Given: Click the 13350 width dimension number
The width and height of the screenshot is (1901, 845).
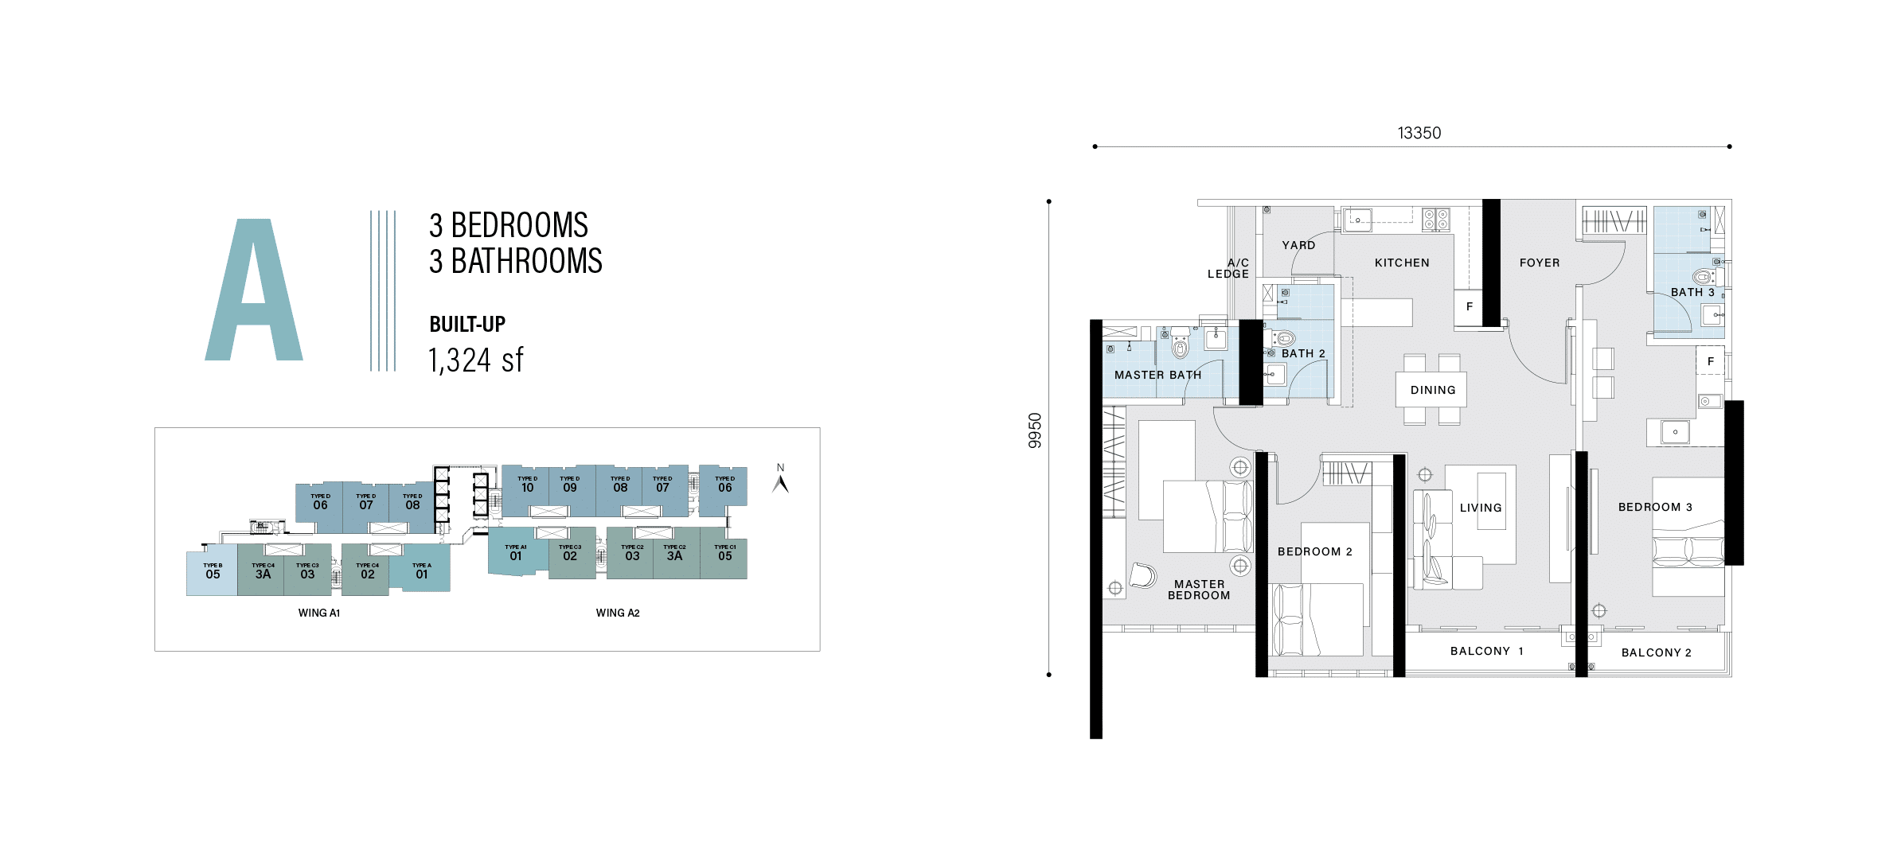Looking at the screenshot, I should tap(1419, 133).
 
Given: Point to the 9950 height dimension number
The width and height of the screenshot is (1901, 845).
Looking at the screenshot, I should tap(1035, 430).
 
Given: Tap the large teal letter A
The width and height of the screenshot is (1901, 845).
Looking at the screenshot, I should tap(254, 290).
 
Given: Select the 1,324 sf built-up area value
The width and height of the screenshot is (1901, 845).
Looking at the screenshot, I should tap(475, 360).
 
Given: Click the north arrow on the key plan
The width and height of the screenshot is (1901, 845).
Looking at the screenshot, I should tap(781, 483).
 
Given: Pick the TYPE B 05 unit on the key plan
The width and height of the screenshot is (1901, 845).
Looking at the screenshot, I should tap(213, 571).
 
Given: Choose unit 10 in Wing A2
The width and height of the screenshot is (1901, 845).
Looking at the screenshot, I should tap(527, 485).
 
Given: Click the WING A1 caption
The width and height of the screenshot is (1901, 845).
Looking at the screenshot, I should tap(318, 613).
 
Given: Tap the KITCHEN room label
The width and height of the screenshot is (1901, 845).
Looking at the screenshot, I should tap(1402, 263).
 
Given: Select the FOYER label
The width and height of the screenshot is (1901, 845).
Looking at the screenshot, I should tap(1540, 263).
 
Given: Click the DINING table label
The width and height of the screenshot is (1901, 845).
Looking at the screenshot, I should tap(1433, 390).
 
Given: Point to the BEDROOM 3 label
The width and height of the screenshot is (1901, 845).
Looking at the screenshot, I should tap(1655, 507).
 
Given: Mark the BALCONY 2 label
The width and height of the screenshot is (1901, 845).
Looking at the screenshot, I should tap(1656, 652).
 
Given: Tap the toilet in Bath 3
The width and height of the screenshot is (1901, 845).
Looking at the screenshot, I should tap(1703, 277).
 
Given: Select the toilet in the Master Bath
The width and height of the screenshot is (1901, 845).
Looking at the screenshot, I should tap(1180, 345).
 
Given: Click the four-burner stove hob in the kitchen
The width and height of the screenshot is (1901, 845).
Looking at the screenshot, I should tap(1436, 219).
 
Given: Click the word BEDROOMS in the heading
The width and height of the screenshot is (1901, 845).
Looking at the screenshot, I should tap(519, 225).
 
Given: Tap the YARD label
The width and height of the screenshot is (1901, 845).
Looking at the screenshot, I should tap(1298, 245).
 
